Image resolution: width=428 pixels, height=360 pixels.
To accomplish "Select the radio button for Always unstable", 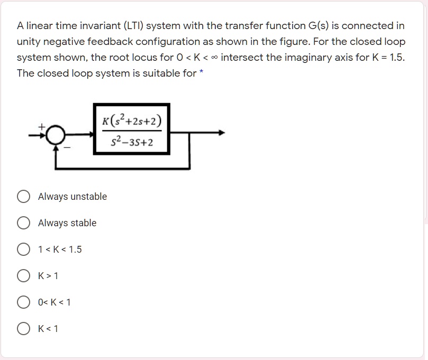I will (23, 197).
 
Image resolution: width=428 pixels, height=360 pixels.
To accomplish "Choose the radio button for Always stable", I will (23, 223).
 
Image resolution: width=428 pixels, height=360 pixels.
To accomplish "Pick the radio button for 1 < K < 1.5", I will (23, 250).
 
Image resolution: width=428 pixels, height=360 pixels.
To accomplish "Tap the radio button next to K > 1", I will (23, 276).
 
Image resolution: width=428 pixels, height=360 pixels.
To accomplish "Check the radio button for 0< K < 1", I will (23, 302).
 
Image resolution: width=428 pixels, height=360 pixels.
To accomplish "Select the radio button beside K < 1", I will (23, 329).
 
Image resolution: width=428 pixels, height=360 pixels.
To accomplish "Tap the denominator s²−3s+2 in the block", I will (132, 142).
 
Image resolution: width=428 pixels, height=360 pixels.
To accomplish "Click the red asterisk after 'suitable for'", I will (202, 72).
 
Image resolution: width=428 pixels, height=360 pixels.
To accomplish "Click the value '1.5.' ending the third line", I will (397, 57).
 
